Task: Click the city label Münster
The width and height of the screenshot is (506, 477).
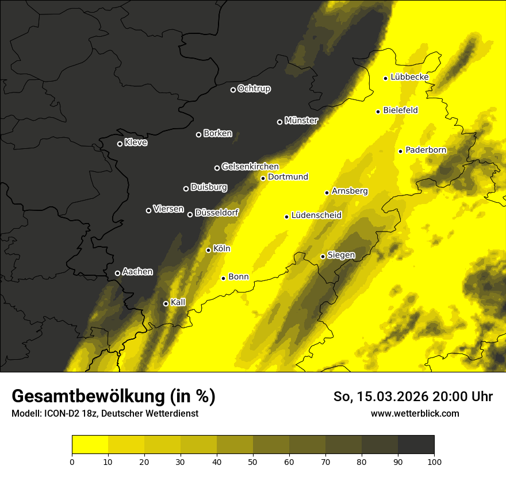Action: [x=301, y=121]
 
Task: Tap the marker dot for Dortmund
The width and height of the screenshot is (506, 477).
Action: [x=263, y=178]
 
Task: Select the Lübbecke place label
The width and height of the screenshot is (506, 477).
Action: [x=409, y=77]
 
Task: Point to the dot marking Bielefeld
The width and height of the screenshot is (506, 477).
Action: [x=378, y=111]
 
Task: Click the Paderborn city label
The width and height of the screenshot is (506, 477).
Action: [x=425, y=150]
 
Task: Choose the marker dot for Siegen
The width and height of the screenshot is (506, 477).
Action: [x=323, y=256]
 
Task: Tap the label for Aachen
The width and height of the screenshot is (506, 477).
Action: [x=137, y=272]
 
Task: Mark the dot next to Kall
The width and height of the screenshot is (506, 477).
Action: [x=166, y=303]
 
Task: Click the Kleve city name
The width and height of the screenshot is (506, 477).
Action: [x=136, y=143]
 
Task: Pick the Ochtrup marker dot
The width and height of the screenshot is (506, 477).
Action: [x=233, y=90]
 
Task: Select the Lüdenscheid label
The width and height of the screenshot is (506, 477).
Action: [x=316, y=216]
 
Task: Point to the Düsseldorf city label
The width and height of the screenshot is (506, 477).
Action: [x=216, y=213]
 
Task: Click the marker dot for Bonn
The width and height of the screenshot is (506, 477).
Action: [x=223, y=278]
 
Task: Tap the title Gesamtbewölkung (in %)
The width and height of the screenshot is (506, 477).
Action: [x=113, y=397]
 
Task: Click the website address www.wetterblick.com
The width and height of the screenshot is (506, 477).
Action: [x=415, y=413]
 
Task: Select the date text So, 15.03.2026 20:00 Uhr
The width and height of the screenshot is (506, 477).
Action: [x=413, y=397]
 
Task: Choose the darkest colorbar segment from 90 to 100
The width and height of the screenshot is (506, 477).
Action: [x=416, y=444]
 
